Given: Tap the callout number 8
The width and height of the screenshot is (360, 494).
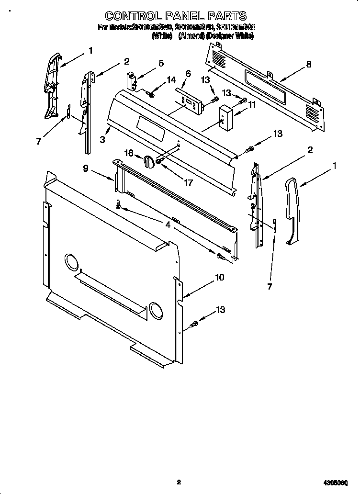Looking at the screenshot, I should (x=309, y=64).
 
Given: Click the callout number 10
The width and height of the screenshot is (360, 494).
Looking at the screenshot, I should (x=219, y=277).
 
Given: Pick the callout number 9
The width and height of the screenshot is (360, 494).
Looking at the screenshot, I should (x=86, y=168).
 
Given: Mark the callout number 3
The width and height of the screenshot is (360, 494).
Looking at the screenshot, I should (x=102, y=139).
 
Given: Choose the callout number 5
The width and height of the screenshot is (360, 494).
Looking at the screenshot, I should (x=161, y=63).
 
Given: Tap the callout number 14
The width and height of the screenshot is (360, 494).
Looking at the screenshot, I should (x=171, y=79).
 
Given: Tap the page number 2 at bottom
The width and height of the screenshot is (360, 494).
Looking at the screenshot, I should (x=179, y=482).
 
